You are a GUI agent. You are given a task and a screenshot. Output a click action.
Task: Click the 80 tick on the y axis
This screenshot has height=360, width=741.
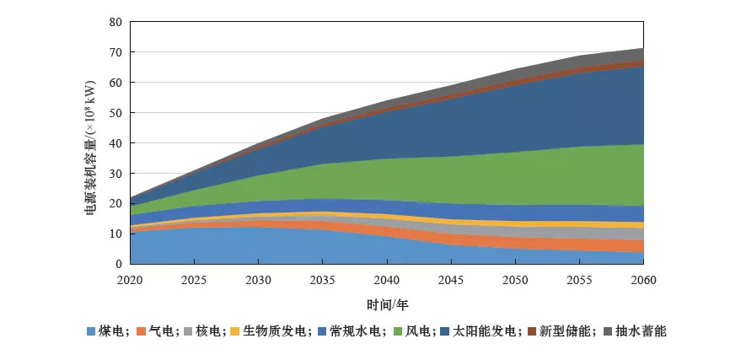coord(116,22)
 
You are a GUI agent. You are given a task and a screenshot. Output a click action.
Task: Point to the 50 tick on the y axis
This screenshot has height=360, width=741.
coord(116,113)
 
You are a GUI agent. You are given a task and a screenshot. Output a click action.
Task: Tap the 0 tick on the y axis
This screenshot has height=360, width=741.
coord(120,264)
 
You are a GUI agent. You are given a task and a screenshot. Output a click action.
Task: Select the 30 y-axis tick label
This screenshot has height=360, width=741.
coord(116,174)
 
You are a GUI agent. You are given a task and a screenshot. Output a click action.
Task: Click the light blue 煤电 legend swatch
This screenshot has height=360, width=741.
coord(90,332)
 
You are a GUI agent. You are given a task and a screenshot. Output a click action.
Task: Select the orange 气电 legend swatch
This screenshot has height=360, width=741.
coord(141,332)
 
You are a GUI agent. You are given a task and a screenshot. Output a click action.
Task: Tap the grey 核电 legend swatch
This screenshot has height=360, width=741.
coord(191,332)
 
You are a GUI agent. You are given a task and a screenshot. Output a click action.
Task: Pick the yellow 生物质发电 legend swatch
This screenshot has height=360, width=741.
coord(241,332)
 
